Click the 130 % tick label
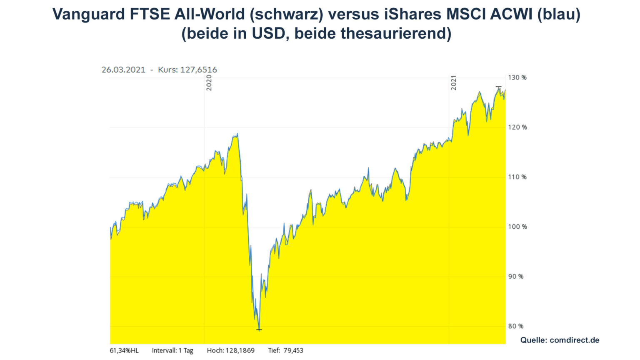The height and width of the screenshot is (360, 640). [x=517, y=77]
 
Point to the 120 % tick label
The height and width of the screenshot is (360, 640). [x=517, y=127]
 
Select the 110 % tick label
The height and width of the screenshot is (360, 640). [x=517, y=177]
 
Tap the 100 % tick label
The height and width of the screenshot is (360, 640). [x=517, y=227]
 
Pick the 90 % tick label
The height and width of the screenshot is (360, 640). [x=515, y=277]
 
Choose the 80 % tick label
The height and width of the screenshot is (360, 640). [x=515, y=326]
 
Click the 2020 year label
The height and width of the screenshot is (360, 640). [x=209, y=83]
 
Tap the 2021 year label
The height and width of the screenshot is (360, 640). [x=454, y=83]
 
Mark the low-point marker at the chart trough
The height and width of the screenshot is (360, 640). [x=259, y=330]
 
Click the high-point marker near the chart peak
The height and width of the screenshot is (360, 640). [x=499, y=87]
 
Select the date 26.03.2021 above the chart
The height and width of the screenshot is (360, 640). [x=123, y=70]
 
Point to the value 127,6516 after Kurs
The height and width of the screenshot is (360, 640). [x=199, y=70]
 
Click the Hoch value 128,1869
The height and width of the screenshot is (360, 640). [x=240, y=350]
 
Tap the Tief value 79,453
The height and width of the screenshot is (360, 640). [x=293, y=350]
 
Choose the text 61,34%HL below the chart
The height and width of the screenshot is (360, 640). [x=124, y=350]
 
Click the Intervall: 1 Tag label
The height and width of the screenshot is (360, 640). [x=172, y=350]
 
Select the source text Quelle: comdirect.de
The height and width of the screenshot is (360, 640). [x=560, y=340]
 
